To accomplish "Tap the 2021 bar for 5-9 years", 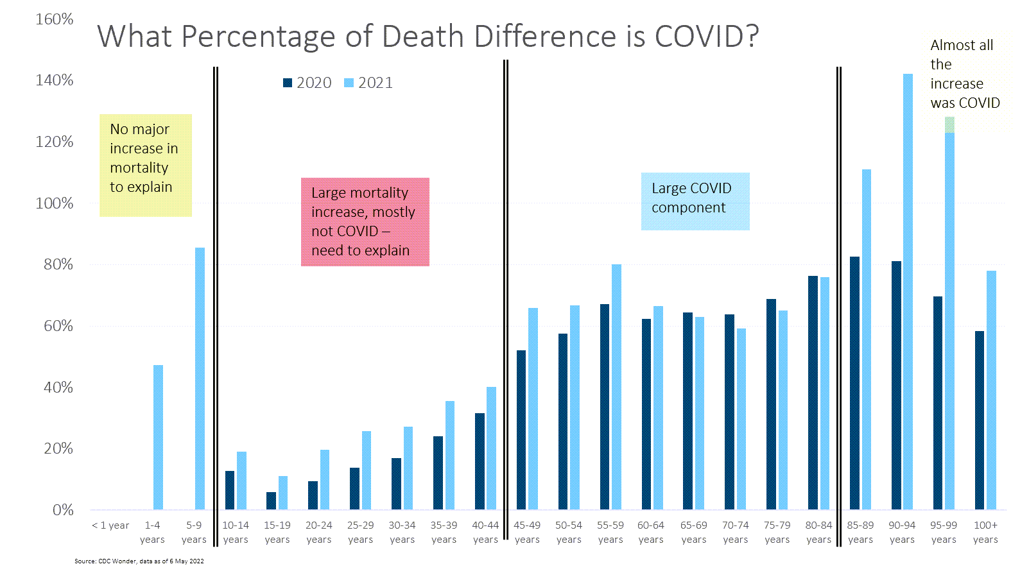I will pyautogui.click(x=200, y=379).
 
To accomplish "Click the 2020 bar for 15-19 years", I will pyautogui.click(x=271, y=501).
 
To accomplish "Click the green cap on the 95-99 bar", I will pyautogui.click(x=949, y=125).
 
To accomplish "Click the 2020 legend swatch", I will pyautogui.click(x=288, y=83).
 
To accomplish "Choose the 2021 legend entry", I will pyautogui.click(x=368, y=83).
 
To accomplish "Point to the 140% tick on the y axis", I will pyautogui.click(x=55, y=80).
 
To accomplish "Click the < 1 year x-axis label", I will pyautogui.click(x=110, y=525).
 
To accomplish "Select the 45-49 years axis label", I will pyautogui.click(x=527, y=532).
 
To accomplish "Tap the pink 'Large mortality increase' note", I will pyautogui.click(x=365, y=222).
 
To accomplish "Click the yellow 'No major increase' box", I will pyautogui.click(x=146, y=165).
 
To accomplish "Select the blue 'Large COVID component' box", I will pyautogui.click(x=695, y=201).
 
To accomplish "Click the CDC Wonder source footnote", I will pyautogui.click(x=139, y=561).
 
